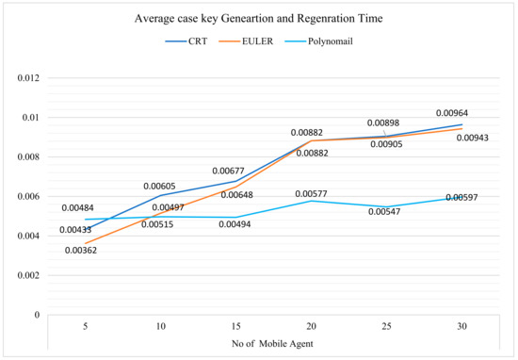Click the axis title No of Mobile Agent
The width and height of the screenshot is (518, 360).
pos(259,346)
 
